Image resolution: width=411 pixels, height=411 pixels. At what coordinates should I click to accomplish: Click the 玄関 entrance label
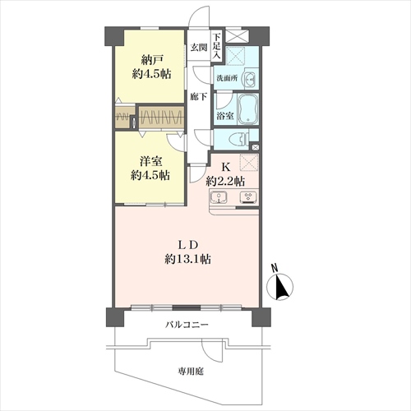click(199, 48)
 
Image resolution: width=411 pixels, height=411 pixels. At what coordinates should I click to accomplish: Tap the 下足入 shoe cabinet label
click(217, 46)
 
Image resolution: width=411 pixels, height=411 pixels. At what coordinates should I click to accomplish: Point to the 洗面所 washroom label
click(227, 78)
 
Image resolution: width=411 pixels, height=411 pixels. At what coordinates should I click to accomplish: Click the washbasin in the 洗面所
click(250, 79)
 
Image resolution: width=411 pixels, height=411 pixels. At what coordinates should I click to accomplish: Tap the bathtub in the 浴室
click(248, 109)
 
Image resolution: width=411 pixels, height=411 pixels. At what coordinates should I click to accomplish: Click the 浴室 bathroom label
click(225, 116)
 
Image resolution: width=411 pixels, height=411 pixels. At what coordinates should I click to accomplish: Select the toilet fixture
click(241, 138)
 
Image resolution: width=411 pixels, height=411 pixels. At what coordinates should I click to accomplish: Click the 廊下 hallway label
click(199, 97)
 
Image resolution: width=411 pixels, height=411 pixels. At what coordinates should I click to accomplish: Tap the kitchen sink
click(219, 197)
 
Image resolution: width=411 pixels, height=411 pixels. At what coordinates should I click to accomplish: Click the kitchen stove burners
click(248, 197)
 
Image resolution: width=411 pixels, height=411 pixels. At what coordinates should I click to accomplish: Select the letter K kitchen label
click(225, 167)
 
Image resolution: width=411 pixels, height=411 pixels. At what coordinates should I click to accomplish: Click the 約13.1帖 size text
click(187, 259)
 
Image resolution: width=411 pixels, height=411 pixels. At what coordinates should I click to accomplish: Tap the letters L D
click(188, 245)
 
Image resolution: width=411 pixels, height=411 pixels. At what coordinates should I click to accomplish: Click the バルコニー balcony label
click(187, 325)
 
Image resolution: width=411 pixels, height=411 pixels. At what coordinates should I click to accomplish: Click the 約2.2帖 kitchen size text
click(225, 181)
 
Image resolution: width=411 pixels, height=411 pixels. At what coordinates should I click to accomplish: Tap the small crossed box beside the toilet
click(256, 147)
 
